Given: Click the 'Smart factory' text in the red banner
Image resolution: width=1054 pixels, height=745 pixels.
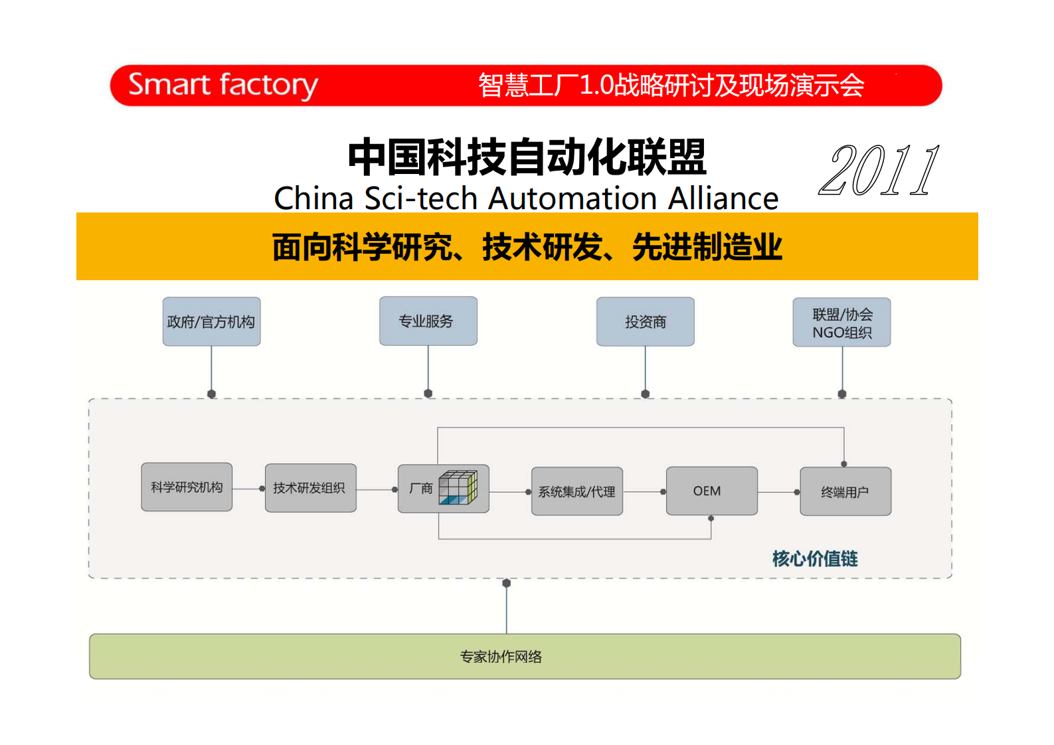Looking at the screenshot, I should point(222,85).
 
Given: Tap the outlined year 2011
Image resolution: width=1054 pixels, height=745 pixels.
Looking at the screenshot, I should point(879,171).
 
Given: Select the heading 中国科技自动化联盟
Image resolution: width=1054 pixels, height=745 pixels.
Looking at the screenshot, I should point(527,157).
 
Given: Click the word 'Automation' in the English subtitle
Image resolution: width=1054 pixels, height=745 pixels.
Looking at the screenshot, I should point(573,199).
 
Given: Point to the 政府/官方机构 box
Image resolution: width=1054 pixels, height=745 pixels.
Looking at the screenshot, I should point(211,322).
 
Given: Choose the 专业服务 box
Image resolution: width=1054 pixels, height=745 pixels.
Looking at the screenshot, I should point(428,321).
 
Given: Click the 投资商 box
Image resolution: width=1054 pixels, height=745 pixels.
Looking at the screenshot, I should point(645,322).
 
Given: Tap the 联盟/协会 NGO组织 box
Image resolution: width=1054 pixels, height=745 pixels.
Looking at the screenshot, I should point(841,323).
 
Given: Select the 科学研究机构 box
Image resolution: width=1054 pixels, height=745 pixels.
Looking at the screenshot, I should point(187,487).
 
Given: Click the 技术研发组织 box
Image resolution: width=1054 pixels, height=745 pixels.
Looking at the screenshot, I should point(310,488).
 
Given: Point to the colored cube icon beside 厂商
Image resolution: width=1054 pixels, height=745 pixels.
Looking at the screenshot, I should point(458,488).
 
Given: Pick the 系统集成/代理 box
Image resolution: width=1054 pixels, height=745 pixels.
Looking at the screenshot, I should point(576,491).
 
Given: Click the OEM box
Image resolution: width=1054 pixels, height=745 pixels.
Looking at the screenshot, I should point(711,491).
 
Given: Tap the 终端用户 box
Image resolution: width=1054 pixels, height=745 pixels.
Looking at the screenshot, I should point(845,492).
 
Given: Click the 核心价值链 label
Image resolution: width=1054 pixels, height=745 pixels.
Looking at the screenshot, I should point(814,558).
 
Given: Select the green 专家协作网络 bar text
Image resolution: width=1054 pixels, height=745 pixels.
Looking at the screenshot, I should point(501,657).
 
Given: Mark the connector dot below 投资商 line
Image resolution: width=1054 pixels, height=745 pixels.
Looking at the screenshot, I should point(645,394).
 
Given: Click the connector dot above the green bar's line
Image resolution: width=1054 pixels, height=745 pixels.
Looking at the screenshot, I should point(507,583).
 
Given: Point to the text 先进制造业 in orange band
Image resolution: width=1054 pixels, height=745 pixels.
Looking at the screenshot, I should point(707,247).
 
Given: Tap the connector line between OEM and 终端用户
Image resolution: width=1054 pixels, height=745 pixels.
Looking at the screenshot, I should point(777,492).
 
